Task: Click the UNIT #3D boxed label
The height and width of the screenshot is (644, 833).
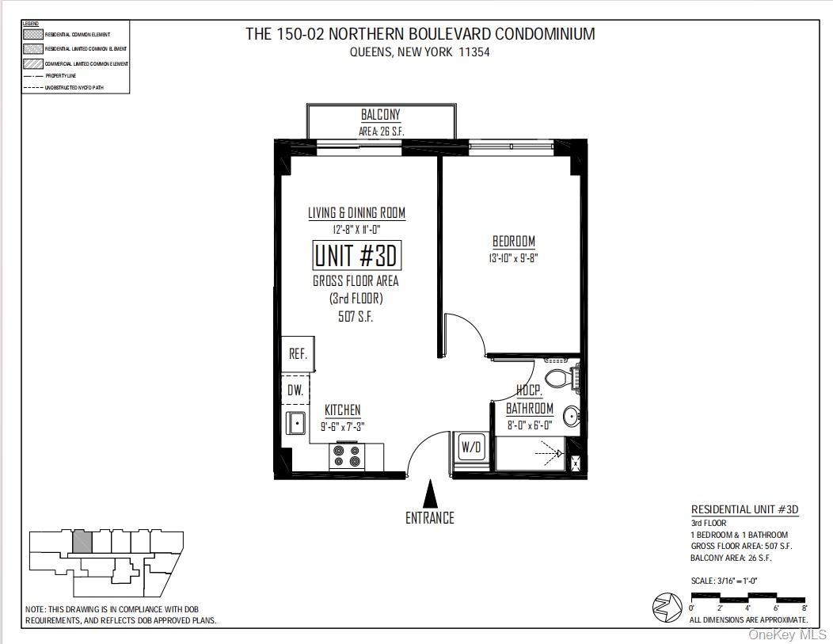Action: pos(356,256)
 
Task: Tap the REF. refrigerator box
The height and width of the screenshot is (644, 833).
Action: pos(298,354)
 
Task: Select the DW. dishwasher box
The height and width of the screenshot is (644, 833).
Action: pos(295,390)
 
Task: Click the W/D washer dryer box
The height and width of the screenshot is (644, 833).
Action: pos(471,447)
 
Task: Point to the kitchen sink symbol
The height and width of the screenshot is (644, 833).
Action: pos(296,423)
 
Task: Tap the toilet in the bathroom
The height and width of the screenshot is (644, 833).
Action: pos(563,377)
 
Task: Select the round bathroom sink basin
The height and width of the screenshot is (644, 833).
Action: pos(572,416)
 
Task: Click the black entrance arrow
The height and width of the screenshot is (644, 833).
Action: pos(430,493)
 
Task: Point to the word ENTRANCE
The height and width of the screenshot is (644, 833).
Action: pos(430,518)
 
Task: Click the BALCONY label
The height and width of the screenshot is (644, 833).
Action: pos(381,116)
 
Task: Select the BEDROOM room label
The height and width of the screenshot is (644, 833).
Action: pos(514,242)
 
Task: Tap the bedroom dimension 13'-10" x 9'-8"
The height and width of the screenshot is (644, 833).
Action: pos(514,258)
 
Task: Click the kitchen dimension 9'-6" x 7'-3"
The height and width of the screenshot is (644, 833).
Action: pos(342,426)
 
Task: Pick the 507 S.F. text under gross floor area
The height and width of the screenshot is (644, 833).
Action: pos(356,316)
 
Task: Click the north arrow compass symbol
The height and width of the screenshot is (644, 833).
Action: pos(668,608)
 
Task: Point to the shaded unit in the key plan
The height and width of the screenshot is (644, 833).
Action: pos(82,542)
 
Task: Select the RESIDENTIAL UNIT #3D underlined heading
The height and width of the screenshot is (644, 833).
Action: pos(744,509)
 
